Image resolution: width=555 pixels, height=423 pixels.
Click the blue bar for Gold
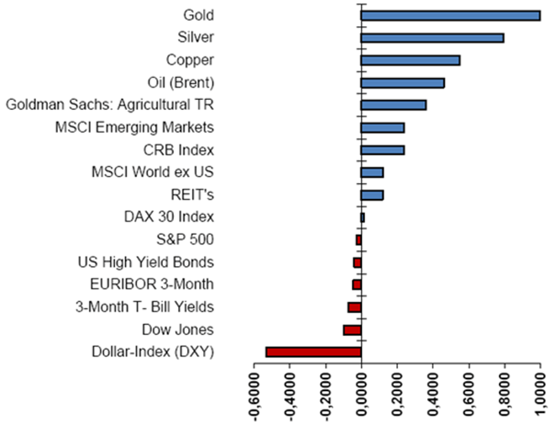450,15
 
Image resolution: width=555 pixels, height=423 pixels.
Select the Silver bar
432,38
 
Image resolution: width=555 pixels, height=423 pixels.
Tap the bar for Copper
410,60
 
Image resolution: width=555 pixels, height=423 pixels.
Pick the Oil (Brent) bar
402,83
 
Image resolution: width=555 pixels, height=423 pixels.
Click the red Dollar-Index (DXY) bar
313,352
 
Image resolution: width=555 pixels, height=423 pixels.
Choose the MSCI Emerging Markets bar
382,128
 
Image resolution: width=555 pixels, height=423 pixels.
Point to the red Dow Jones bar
352,330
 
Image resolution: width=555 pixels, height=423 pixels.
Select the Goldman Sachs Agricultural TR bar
393,105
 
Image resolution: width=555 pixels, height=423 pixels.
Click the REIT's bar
372,195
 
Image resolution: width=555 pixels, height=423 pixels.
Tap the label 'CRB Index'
179,150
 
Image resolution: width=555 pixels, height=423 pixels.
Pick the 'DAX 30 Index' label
168,217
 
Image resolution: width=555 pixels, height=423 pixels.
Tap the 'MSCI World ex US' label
152,173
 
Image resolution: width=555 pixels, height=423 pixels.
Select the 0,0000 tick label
361,393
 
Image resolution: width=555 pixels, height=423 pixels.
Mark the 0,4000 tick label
432,393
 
